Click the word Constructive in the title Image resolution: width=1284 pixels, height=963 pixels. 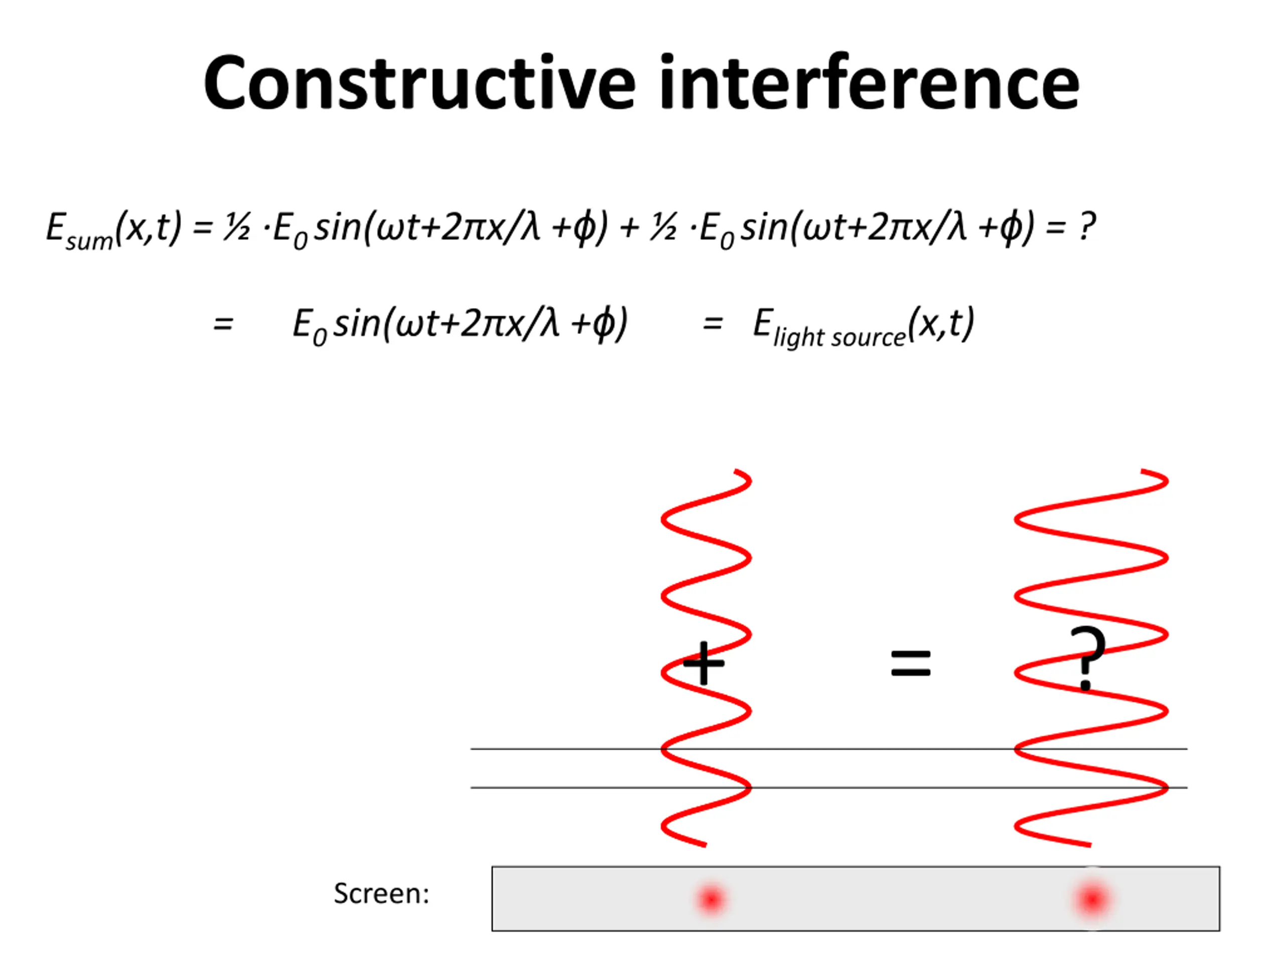420,83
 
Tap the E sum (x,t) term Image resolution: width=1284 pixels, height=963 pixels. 114,229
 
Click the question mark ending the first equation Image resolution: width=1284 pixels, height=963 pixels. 1087,226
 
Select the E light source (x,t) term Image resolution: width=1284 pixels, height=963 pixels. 863,326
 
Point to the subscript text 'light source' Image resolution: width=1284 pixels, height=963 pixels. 839,337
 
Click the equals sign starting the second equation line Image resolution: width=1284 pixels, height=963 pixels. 223,324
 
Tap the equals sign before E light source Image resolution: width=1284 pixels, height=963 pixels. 712,324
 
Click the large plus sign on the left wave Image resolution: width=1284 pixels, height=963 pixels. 704,663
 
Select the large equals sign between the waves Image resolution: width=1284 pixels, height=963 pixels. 911,664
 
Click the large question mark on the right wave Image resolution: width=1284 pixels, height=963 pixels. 1087,658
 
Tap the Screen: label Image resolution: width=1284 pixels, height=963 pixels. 381,893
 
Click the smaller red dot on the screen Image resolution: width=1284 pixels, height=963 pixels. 711,900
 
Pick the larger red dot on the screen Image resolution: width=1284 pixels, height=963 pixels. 1092,900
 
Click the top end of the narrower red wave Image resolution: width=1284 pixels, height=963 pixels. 735,471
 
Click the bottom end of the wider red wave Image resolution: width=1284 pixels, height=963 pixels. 1090,845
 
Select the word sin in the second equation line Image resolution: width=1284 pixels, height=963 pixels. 357,324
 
